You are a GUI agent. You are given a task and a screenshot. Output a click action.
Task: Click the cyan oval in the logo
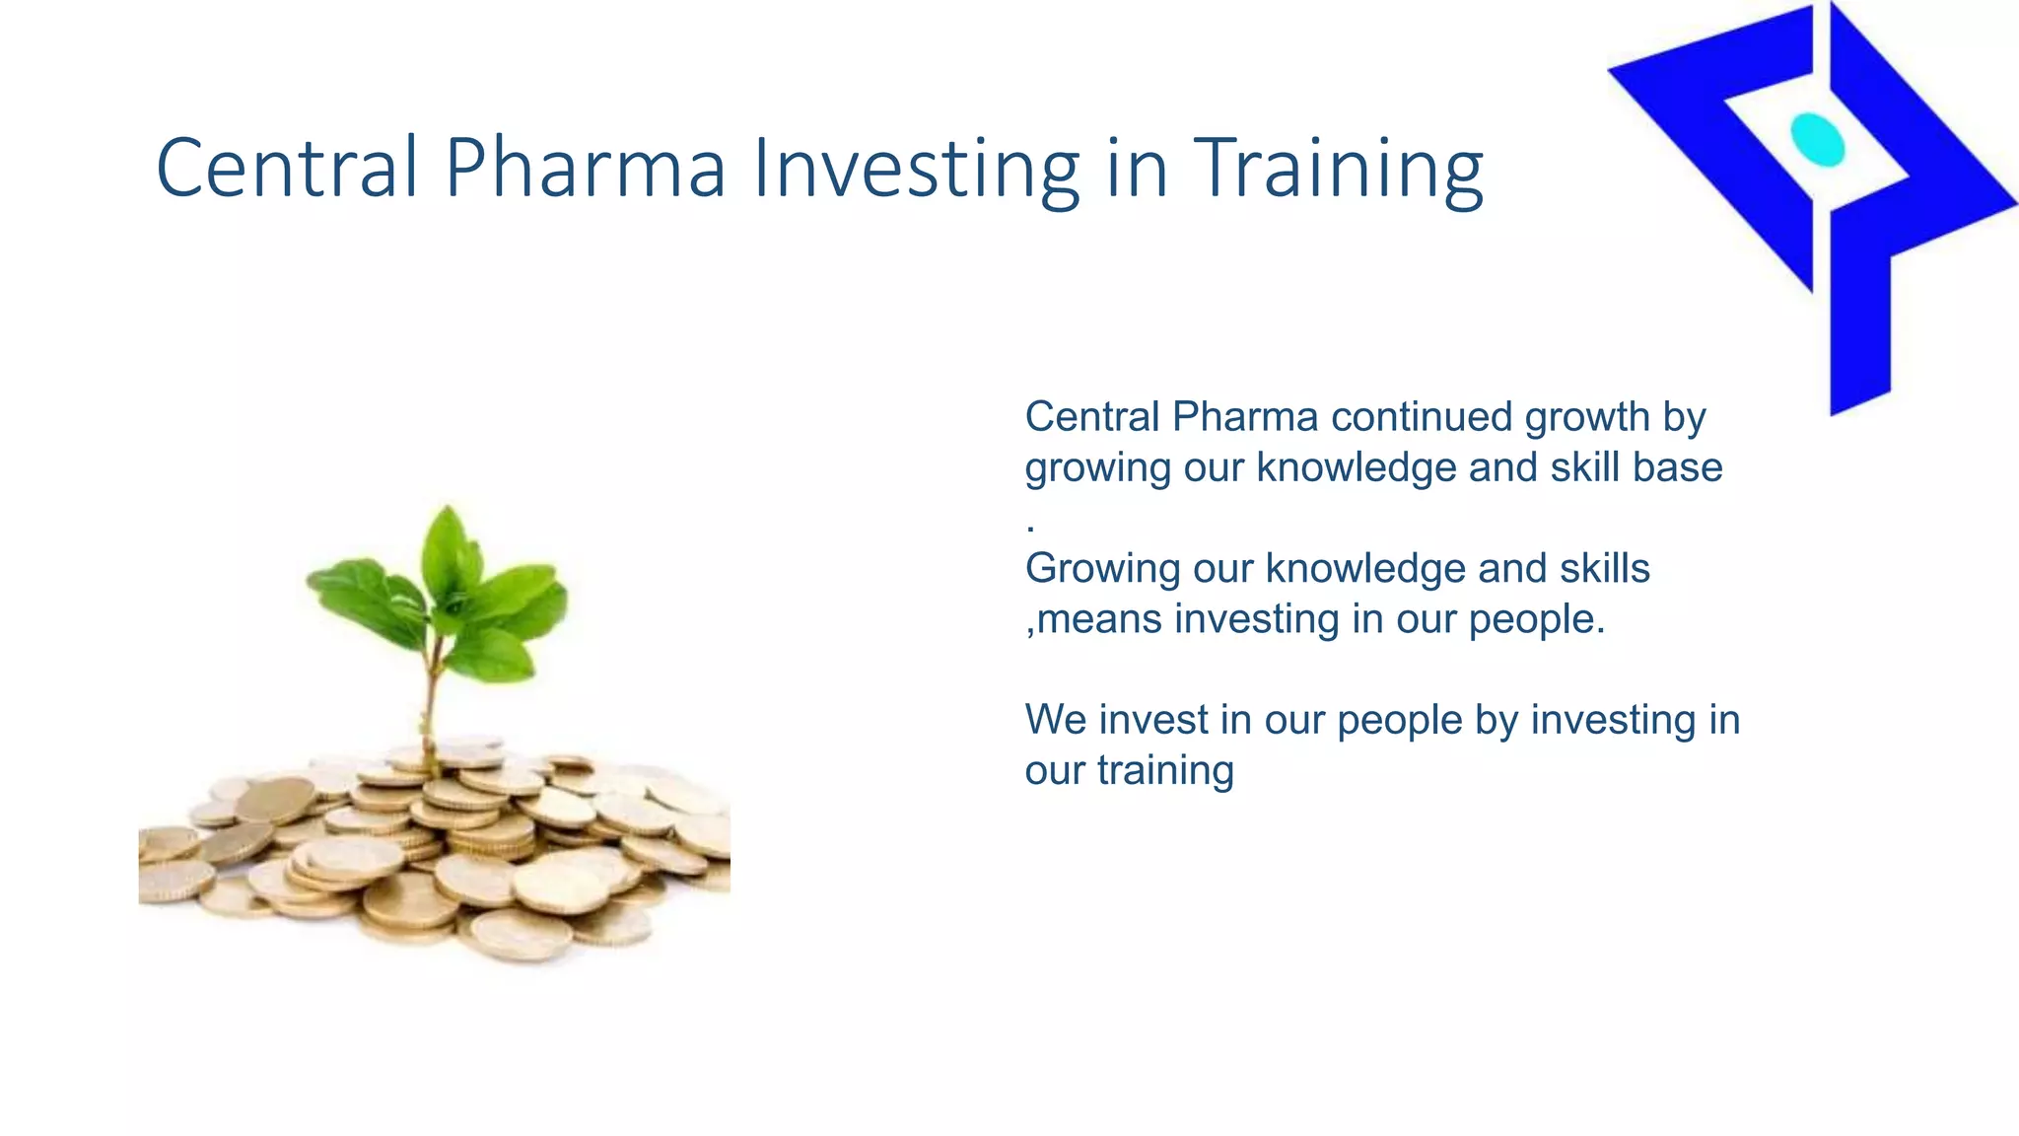pyautogui.click(x=1817, y=139)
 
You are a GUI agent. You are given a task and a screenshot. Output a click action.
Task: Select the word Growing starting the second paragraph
pyautogui.click(x=1102, y=569)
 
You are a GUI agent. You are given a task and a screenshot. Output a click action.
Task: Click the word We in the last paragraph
pyautogui.click(x=1056, y=720)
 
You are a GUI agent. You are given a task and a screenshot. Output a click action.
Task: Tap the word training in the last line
pyautogui.click(x=1164, y=770)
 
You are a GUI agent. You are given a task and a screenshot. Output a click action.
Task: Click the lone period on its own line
pyautogui.click(x=1030, y=529)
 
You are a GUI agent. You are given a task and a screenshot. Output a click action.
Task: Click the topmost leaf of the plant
pyautogui.click(x=448, y=547)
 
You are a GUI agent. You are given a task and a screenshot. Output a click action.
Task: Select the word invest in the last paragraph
pyautogui.click(x=1152, y=720)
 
